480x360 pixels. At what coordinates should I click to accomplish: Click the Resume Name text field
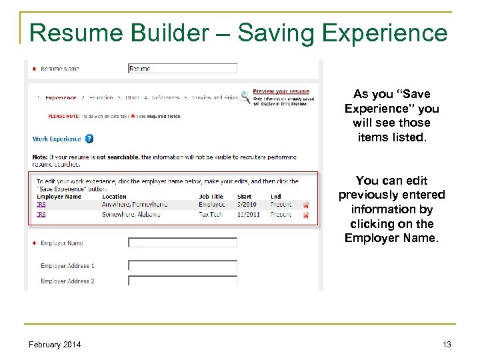(x=182, y=68)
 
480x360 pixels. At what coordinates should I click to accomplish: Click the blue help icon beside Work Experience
(x=89, y=139)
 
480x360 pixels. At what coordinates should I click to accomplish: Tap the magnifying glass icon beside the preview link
(x=245, y=96)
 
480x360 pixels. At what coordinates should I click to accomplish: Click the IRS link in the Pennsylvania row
(x=41, y=205)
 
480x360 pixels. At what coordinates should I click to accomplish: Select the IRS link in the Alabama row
(x=41, y=215)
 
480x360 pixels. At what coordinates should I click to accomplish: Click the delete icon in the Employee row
(x=306, y=205)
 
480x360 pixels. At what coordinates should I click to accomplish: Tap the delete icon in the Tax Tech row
(x=306, y=215)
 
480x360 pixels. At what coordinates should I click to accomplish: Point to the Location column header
(x=114, y=197)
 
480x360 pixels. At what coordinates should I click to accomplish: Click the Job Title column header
(x=211, y=197)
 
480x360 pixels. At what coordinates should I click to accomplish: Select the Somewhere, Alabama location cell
(x=131, y=215)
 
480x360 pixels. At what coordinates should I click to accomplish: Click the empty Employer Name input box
(x=182, y=243)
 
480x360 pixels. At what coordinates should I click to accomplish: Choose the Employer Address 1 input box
(x=182, y=265)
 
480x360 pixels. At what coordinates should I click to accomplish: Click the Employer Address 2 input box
(x=182, y=281)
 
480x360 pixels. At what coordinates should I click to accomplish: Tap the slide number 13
(x=446, y=344)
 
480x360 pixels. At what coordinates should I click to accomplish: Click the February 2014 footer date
(x=55, y=344)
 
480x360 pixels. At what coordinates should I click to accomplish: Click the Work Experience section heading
(x=57, y=139)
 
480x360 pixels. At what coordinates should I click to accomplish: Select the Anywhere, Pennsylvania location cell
(x=135, y=205)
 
